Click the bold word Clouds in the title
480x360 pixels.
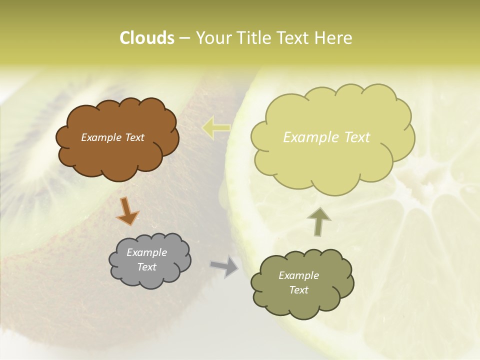[146, 38]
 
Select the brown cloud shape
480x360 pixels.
[117, 155]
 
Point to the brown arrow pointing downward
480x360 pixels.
[127, 210]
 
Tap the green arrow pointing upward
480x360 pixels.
[318, 222]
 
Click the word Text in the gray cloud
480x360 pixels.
[146, 267]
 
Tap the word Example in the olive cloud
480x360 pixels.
[298, 275]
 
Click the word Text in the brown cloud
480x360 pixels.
[134, 137]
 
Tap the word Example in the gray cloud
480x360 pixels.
[146, 252]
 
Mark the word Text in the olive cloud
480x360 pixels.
[298, 290]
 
